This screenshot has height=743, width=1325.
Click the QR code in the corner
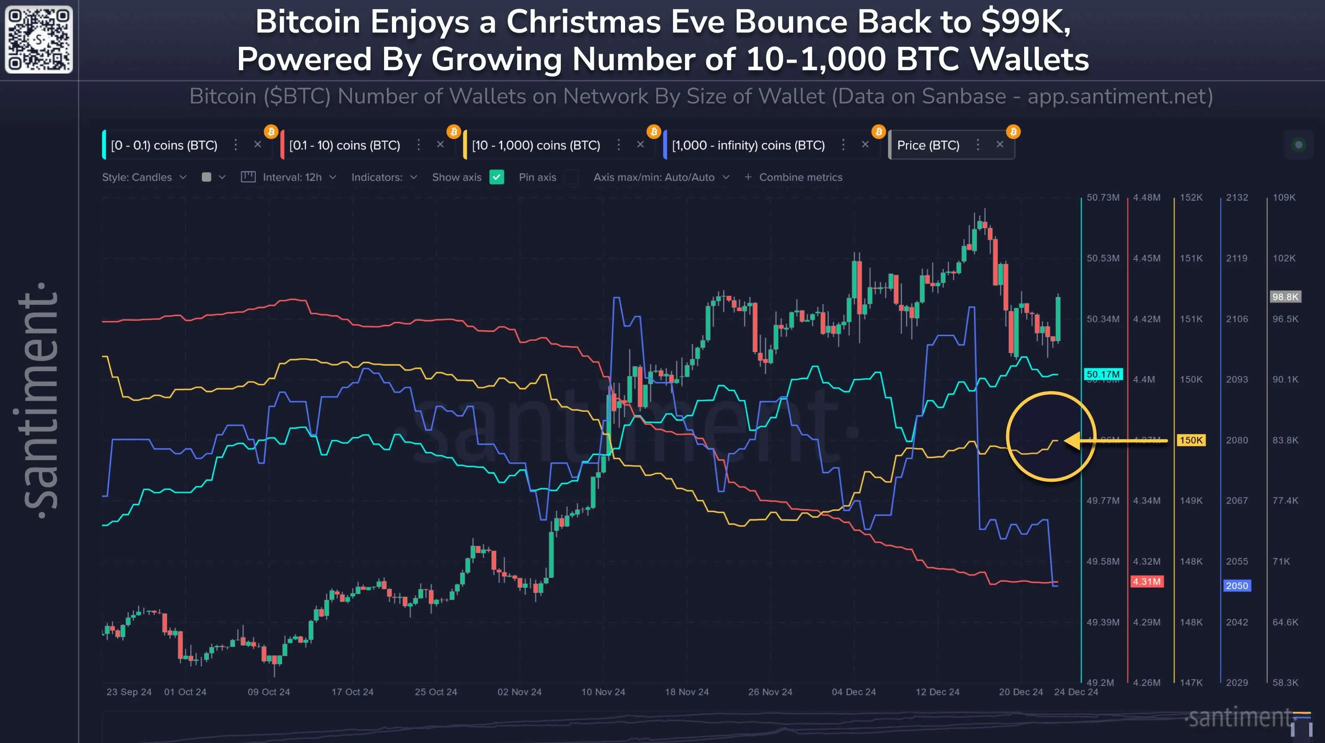38,40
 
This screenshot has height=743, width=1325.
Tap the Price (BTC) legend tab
928,145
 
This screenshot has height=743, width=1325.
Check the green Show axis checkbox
496,177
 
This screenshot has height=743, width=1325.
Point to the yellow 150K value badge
1191,440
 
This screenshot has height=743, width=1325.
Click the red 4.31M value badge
1147,582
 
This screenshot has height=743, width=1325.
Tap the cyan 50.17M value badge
1103,374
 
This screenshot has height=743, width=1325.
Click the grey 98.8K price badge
1285,297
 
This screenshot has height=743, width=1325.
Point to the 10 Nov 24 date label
603,692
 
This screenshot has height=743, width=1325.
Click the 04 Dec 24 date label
853,692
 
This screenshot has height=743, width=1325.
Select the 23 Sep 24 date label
129,692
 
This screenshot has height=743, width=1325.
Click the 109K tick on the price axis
1284,198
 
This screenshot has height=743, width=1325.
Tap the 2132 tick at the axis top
1236,198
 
